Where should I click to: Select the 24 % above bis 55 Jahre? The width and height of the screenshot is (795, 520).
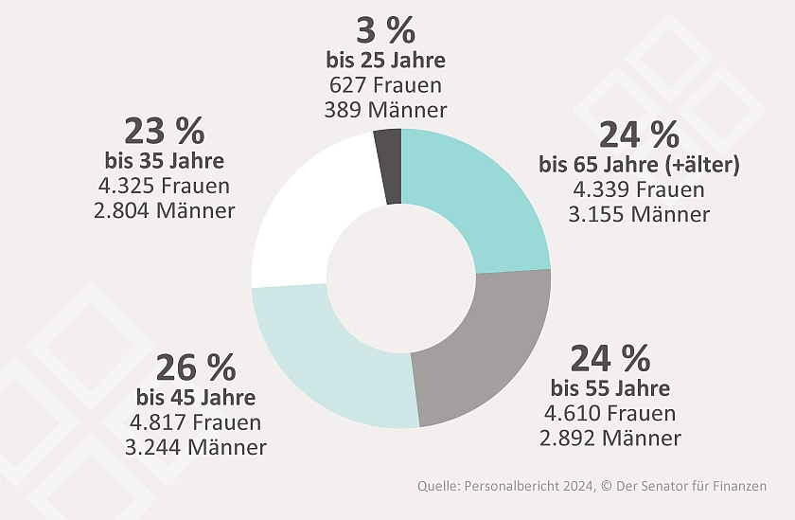(609, 359)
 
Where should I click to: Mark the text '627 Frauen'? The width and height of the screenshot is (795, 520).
(385, 85)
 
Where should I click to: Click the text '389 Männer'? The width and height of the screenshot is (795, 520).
(385, 109)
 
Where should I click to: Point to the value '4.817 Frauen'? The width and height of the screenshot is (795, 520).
(197, 421)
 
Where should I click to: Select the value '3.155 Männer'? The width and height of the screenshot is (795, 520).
(639, 214)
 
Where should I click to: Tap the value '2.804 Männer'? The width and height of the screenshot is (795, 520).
(165, 210)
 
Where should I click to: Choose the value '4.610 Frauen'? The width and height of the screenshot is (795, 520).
(610, 414)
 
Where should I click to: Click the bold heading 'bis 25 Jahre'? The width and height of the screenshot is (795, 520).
(385, 62)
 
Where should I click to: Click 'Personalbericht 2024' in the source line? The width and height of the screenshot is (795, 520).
(533, 486)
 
